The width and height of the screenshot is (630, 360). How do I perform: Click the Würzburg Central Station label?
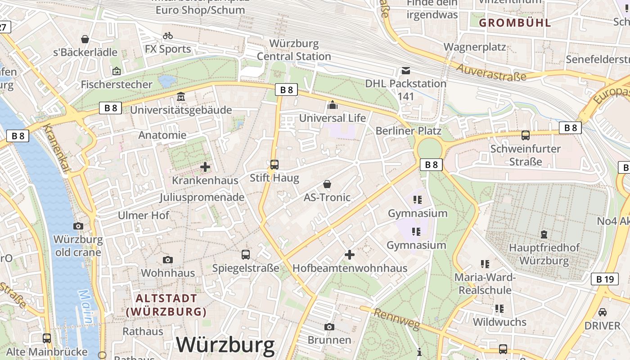pyautogui.click(x=294, y=50)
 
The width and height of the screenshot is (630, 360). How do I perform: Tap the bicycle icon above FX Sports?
pyautogui.click(x=168, y=35)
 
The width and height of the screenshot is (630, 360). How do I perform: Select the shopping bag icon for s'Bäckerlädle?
pyautogui.click(x=85, y=39)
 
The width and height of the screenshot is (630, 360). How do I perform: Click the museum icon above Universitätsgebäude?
pyautogui.click(x=181, y=97)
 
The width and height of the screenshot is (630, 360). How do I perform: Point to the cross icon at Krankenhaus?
pyautogui.click(x=205, y=167)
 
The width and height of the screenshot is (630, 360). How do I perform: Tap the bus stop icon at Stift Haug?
pyautogui.click(x=274, y=165)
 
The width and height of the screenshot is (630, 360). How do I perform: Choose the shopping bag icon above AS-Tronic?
pyautogui.click(x=327, y=184)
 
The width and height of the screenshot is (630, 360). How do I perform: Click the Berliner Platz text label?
pyautogui.click(x=409, y=131)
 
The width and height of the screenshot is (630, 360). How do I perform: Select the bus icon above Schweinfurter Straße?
pyautogui.click(x=525, y=135)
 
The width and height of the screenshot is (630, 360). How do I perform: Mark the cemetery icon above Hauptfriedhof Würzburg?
pyautogui.click(x=544, y=234)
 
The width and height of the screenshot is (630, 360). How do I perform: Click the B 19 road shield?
pyautogui.click(x=604, y=279)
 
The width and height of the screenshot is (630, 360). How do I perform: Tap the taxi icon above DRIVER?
pyautogui.click(x=602, y=312)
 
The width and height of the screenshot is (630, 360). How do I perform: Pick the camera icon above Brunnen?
pyautogui.click(x=329, y=327)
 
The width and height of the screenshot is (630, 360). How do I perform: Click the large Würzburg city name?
pyautogui.click(x=225, y=345)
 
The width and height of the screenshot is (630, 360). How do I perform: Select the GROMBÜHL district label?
pyautogui.click(x=515, y=22)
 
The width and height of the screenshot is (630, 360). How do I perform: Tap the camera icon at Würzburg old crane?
pyautogui.click(x=78, y=226)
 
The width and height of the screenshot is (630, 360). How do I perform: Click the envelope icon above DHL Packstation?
pyautogui.click(x=406, y=70)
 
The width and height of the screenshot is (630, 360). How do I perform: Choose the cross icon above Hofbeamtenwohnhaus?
pyautogui.click(x=350, y=255)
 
